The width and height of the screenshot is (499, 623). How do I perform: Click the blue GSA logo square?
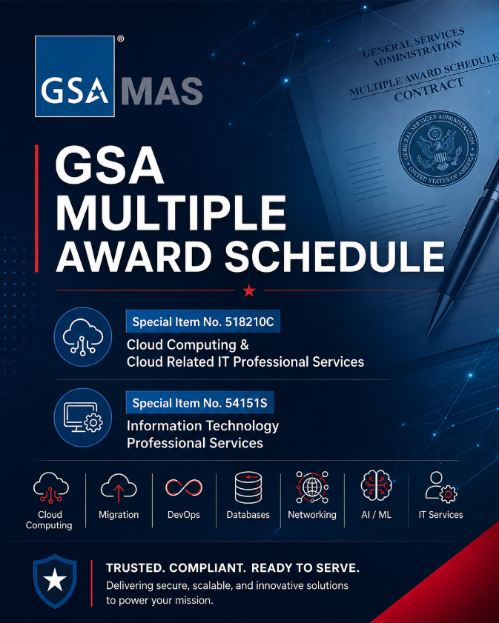(75, 76)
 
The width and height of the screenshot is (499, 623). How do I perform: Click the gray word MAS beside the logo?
(162, 91)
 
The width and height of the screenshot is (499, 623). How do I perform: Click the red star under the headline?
(249, 291)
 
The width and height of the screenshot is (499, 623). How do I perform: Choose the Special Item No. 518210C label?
(202, 322)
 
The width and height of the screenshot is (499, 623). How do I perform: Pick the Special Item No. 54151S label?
(199, 403)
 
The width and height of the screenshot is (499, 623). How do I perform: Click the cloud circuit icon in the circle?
(83, 336)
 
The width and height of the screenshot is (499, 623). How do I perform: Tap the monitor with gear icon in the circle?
(83, 418)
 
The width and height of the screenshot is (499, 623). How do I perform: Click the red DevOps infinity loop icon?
(184, 487)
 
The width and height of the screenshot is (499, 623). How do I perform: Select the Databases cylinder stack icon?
(248, 487)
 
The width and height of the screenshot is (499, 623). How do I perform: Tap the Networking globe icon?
(312, 487)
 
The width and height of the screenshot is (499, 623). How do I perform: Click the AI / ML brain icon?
(376, 485)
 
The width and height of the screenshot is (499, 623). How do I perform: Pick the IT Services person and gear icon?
(441, 487)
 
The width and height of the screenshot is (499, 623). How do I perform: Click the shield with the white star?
(55, 581)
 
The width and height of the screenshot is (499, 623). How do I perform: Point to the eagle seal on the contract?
(438, 149)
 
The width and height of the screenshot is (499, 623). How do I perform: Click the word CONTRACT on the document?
(429, 90)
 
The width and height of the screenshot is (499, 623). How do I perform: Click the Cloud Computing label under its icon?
(49, 520)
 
